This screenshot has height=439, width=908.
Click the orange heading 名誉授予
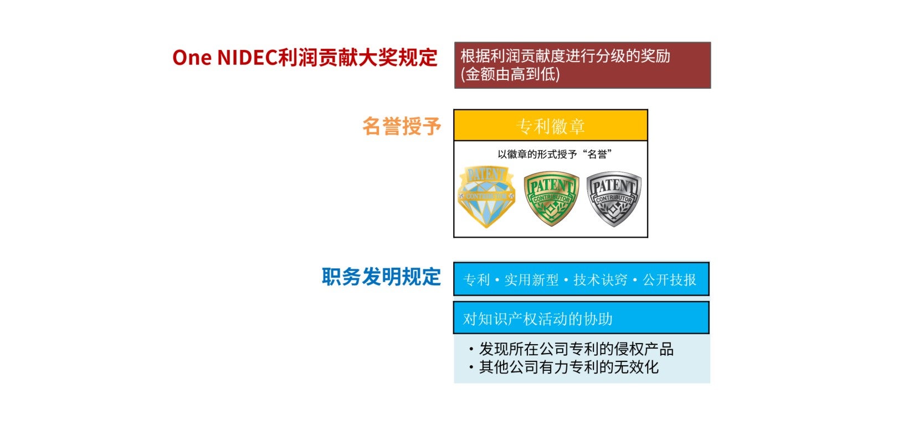tap(402, 126)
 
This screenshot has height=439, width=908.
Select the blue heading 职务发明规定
tap(382, 277)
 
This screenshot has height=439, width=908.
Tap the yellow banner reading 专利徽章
tap(551, 125)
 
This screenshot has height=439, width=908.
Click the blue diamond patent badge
tap(486, 197)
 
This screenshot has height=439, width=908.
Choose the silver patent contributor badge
tap(614, 198)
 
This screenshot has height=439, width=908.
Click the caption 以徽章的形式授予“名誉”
tap(554, 154)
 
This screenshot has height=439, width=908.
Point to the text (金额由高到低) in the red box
tap(510, 74)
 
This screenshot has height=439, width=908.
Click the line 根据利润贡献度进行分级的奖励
tap(565, 56)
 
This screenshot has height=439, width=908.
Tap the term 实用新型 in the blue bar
tap(531, 279)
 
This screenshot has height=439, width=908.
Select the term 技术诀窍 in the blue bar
tap(601, 279)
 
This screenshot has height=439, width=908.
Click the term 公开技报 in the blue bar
tap(669, 279)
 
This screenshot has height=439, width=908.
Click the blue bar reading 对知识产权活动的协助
tap(581, 318)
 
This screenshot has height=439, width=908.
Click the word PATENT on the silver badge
tap(614, 186)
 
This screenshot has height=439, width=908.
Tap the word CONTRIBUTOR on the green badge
tap(551, 198)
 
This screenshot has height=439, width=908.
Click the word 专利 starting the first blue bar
tap(476, 279)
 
